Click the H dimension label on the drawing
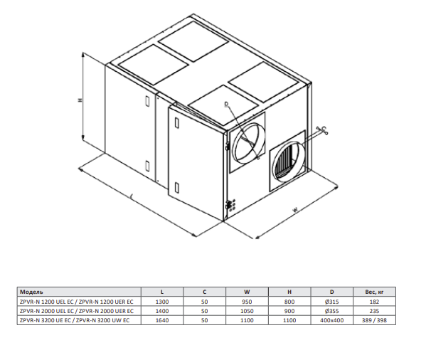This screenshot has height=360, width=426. pos(80,100)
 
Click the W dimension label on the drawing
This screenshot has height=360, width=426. pos(295,210)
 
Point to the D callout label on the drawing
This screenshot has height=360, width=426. pos(226,104)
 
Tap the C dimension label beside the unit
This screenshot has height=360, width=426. pos(324,128)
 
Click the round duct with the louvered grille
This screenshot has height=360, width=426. pos(287,161)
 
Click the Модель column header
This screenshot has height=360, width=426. pos(31,292)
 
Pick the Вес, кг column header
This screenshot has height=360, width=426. pos(374,292)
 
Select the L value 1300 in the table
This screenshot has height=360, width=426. pos(162,302)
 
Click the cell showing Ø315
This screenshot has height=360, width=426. pos(331,302)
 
